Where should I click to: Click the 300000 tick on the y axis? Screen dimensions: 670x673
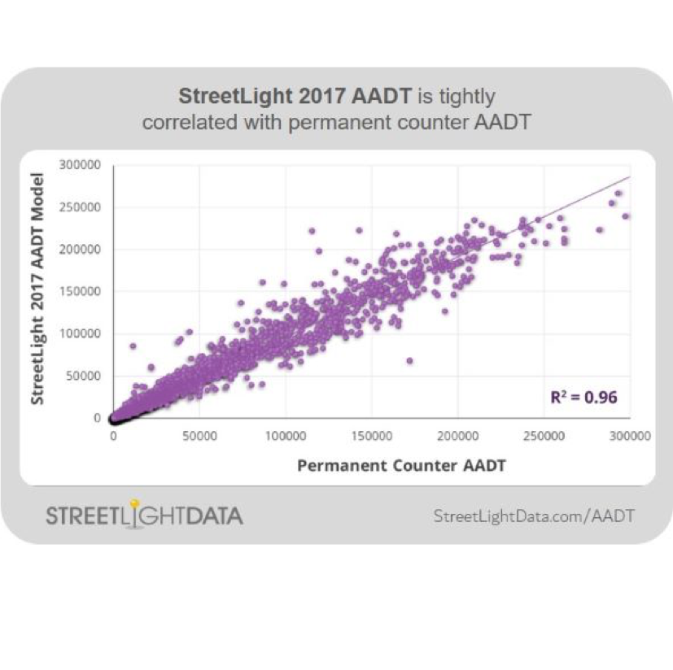(80, 165)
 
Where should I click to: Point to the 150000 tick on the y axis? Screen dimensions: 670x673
(80, 291)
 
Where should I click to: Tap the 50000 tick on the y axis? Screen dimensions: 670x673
(82, 376)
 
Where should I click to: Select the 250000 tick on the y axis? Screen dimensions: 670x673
(80, 207)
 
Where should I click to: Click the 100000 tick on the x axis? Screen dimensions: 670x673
(286, 436)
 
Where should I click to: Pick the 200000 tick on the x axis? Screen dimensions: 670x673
(457, 436)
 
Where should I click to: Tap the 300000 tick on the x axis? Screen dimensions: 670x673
(630, 436)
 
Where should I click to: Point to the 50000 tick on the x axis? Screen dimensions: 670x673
(199, 436)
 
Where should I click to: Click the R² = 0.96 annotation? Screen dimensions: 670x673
(584, 398)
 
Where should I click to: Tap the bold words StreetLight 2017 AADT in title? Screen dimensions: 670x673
(295, 97)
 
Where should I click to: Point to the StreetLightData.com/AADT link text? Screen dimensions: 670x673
(534, 516)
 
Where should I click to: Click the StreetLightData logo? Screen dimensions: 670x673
(144, 516)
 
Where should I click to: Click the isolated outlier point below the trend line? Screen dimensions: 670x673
(409, 360)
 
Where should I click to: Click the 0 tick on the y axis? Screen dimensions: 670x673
(96, 418)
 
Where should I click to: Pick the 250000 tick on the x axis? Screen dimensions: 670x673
(544, 436)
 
